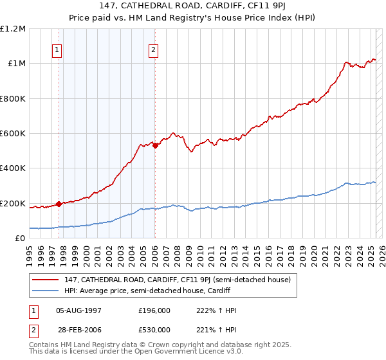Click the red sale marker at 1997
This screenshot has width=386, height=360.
click(59, 204)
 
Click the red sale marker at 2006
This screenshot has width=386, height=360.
click(155, 145)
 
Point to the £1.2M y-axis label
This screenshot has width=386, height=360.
click(14, 29)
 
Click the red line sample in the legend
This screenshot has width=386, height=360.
click(46, 280)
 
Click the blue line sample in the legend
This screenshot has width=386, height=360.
click(46, 291)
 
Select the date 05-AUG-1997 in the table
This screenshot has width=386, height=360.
click(79, 310)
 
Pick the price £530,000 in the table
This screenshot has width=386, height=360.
click(154, 330)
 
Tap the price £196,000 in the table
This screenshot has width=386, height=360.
click(154, 310)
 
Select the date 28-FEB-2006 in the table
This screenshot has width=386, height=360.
click(79, 330)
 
